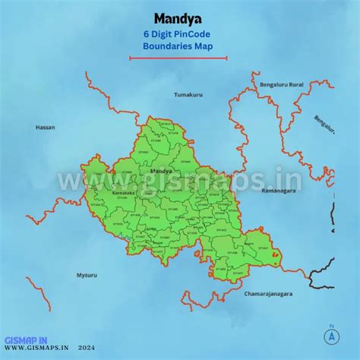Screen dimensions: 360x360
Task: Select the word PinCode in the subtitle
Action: pyautogui.click(x=194, y=34)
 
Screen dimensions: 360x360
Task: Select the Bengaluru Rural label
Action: pyautogui.click(x=280, y=84)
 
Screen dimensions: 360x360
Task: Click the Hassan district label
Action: pyautogui.click(x=45, y=127)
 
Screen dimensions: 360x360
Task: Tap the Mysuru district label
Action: pyautogui.click(x=87, y=273)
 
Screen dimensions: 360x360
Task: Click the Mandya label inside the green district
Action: pyautogui.click(x=161, y=172)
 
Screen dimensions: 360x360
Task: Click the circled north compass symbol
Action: pyautogui.click(x=331, y=335)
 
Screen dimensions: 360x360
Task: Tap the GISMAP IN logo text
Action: pyautogui.click(x=27, y=339)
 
